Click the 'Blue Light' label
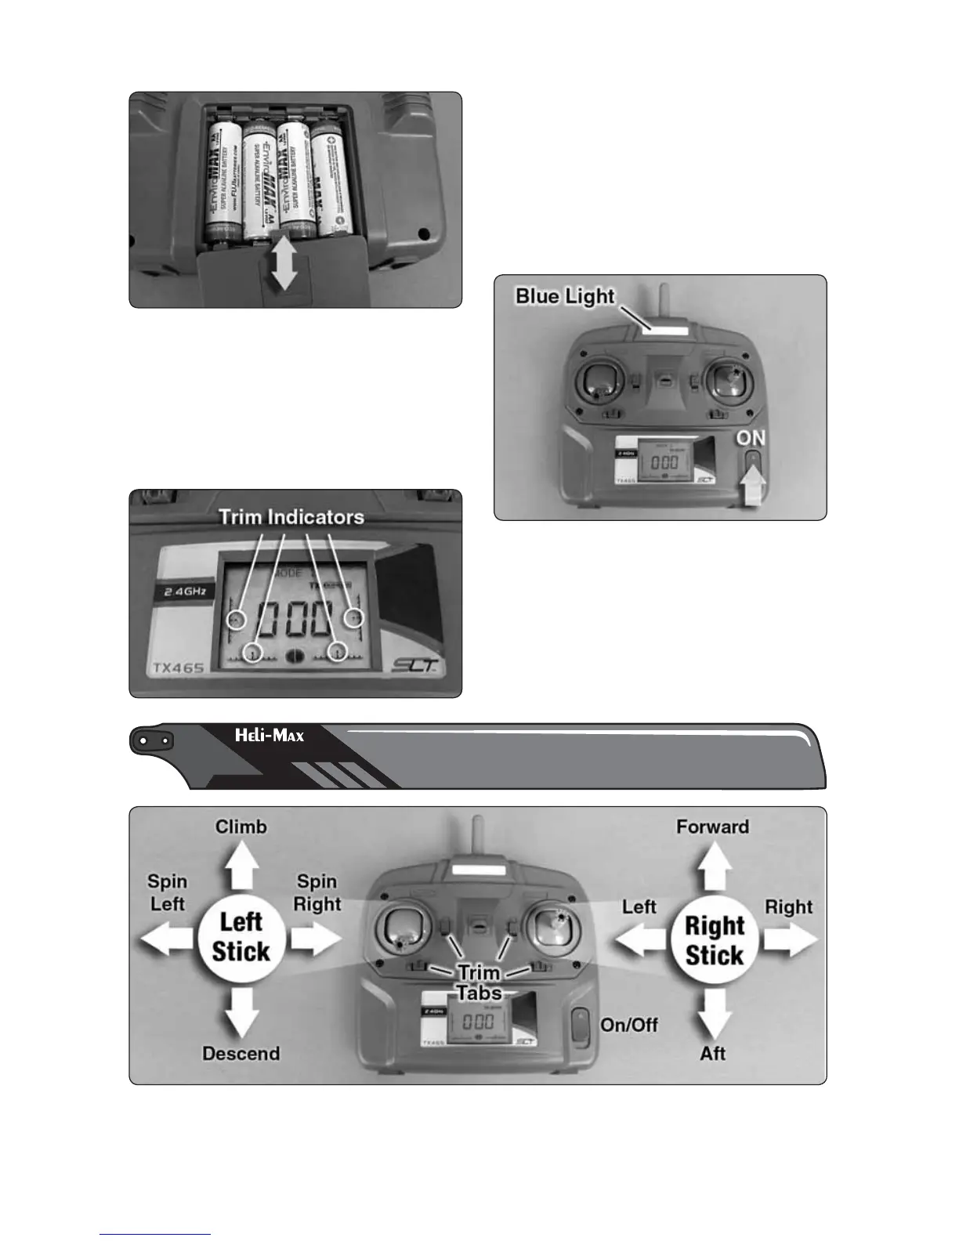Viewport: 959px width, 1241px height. [x=565, y=296]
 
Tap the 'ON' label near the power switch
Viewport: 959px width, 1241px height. [x=750, y=438]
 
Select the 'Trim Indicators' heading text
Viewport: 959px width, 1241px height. [x=291, y=517]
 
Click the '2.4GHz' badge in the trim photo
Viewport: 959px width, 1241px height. [x=183, y=592]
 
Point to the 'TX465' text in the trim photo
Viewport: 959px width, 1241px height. [x=177, y=668]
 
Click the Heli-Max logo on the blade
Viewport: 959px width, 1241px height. [x=270, y=736]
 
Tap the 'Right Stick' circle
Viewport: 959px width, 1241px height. [x=714, y=940]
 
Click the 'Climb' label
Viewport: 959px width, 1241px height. [x=241, y=827]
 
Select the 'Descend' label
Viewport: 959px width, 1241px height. [x=241, y=1053]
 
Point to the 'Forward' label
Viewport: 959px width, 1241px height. [x=712, y=827]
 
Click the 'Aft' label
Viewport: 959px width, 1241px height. [x=713, y=1053]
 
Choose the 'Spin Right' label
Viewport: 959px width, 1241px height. [x=317, y=893]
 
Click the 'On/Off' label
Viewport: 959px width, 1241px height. [x=629, y=1025]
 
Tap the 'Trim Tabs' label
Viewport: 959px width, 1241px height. [x=479, y=982]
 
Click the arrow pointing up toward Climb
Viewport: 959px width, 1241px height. [x=241, y=867]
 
